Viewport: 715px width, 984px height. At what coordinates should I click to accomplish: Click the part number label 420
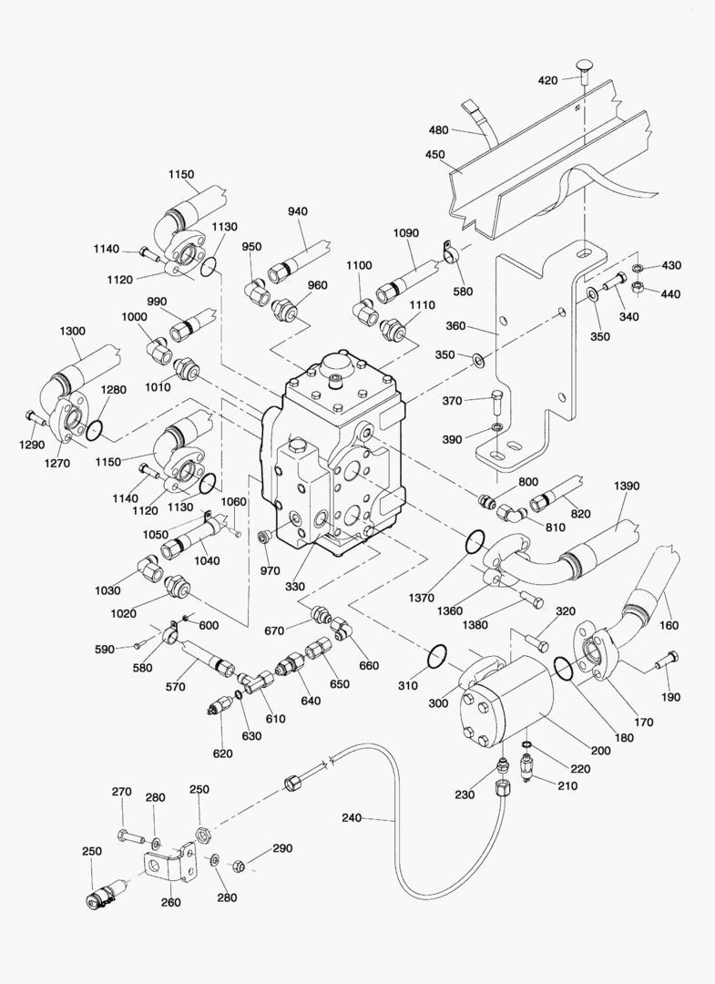point(547,80)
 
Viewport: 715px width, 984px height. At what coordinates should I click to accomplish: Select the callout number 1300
point(73,331)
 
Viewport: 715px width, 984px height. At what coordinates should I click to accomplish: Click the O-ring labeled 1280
point(95,430)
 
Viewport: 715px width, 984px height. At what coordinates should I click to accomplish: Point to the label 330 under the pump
point(294,586)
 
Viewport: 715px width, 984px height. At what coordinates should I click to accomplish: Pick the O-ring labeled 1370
point(475,542)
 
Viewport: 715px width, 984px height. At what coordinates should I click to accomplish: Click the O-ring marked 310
point(436,656)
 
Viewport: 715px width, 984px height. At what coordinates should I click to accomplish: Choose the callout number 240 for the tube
point(352,817)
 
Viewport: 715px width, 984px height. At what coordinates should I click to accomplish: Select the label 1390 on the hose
point(627,486)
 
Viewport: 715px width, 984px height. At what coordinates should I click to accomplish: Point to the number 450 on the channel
point(434,154)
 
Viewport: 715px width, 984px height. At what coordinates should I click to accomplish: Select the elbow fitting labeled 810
point(512,514)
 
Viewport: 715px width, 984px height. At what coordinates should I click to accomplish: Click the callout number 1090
point(406,233)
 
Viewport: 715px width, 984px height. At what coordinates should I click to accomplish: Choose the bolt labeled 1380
point(532,599)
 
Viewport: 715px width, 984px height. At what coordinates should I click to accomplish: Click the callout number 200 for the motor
point(601,750)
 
